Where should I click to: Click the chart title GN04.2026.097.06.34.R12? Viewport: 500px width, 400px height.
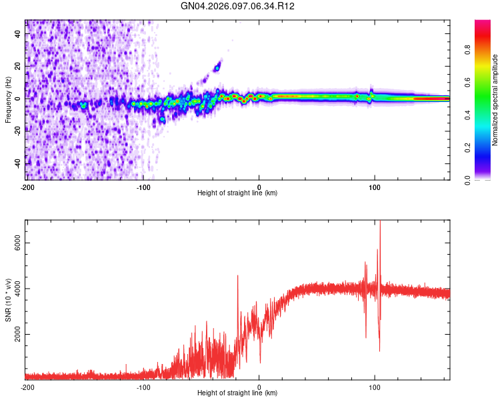click(x=238, y=6)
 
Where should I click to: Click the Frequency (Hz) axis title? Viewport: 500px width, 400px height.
click(x=8, y=99)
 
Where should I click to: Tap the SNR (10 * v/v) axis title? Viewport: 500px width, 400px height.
click(x=8, y=299)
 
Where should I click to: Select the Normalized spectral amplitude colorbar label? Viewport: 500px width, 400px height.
click(x=495, y=100)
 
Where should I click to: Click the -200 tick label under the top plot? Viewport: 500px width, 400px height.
click(x=27, y=187)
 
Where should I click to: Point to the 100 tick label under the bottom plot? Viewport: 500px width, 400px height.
click(x=375, y=387)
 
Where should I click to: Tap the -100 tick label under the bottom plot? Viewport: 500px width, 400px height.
click(x=143, y=387)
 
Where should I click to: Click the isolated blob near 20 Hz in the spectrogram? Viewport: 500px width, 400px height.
click(x=217, y=67)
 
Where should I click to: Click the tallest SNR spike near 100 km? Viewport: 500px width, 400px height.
click(x=380, y=224)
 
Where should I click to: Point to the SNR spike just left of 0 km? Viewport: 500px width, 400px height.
click(x=237, y=277)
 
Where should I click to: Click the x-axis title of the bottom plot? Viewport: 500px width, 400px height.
click(x=237, y=393)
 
